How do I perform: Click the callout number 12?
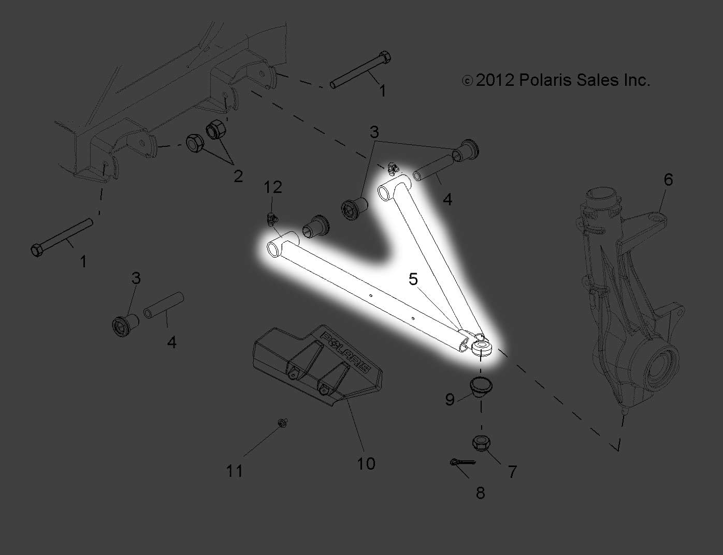(x=273, y=187)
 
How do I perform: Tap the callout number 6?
(x=669, y=179)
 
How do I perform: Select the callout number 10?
(x=366, y=463)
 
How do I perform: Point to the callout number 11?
(x=235, y=471)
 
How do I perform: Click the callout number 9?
(x=450, y=400)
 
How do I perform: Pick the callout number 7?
(x=512, y=472)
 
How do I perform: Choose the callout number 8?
(x=480, y=493)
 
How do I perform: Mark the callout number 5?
(x=413, y=279)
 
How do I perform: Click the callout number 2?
(x=238, y=176)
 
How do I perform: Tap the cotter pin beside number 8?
(x=463, y=462)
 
